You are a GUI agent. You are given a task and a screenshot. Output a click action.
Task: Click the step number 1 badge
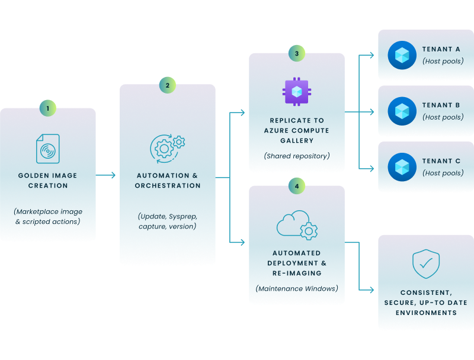point(48,108)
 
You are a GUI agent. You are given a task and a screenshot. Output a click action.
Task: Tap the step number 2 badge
point(167,85)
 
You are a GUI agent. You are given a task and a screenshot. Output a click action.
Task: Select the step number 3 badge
point(296,53)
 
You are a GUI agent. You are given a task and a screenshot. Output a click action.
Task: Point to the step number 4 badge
point(296,186)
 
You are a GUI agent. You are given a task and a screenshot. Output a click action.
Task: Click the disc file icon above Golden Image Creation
point(47,148)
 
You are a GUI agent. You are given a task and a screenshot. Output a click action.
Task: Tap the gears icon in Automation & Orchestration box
point(167,147)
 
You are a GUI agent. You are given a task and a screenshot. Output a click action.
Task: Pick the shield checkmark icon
point(425,264)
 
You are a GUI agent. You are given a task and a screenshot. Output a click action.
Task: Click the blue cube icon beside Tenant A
point(402,55)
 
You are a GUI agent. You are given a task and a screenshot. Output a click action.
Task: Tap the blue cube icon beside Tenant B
point(402,111)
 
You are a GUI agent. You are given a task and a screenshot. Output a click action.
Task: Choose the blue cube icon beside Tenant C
point(402,167)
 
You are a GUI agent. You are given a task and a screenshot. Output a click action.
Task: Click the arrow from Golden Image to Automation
point(107,175)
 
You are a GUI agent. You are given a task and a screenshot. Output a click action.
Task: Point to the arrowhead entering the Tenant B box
point(371,111)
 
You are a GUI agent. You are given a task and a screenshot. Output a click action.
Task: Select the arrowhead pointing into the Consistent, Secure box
point(371,290)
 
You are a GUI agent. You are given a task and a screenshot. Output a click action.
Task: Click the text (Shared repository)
point(296,156)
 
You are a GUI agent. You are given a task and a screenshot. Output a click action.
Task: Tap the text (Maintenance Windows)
point(296,289)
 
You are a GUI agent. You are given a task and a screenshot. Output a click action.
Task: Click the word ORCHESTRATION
point(168,186)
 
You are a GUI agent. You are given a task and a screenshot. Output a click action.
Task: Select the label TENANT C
point(441,161)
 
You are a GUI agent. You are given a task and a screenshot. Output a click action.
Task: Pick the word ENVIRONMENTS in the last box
point(425,313)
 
